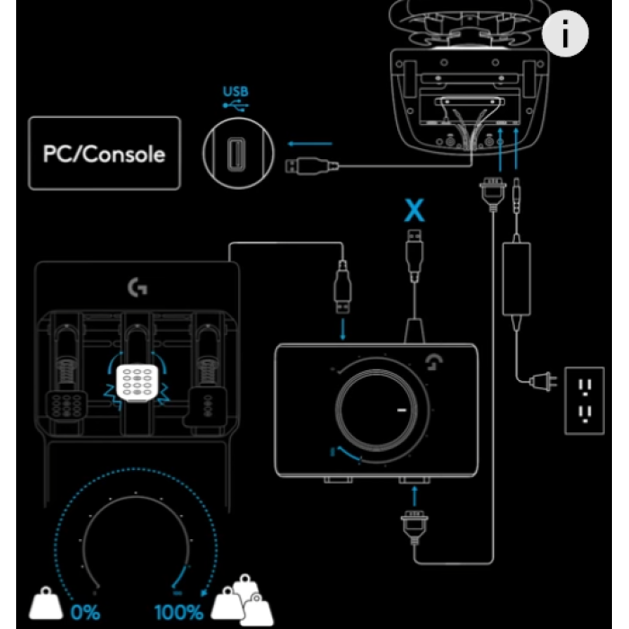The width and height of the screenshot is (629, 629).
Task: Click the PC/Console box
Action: tap(105, 154)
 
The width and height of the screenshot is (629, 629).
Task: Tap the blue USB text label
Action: tap(235, 92)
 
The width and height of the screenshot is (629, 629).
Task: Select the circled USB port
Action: tap(238, 154)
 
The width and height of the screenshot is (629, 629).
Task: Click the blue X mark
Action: tap(414, 209)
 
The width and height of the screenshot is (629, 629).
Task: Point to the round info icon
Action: tap(565, 34)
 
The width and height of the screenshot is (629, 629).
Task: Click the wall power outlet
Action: tap(584, 401)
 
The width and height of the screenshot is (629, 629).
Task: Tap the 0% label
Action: tap(85, 612)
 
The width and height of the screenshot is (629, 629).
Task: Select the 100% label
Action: tap(179, 612)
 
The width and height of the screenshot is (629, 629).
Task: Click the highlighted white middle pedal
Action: tap(137, 383)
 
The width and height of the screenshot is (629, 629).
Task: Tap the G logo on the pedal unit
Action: tap(137, 288)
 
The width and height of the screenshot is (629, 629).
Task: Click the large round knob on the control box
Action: tap(377, 410)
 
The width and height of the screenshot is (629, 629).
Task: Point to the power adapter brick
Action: tap(517, 279)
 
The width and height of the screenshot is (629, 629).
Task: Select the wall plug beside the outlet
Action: tap(543, 382)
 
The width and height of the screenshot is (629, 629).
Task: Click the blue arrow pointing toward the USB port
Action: tap(310, 144)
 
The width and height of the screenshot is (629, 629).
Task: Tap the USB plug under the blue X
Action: tap(414, 253)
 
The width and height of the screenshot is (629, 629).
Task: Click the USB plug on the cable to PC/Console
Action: tap(312, 166)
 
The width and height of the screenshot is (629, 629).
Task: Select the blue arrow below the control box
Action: tap(414, 496)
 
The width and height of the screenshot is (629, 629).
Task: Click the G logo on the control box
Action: tap(434, 361)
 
